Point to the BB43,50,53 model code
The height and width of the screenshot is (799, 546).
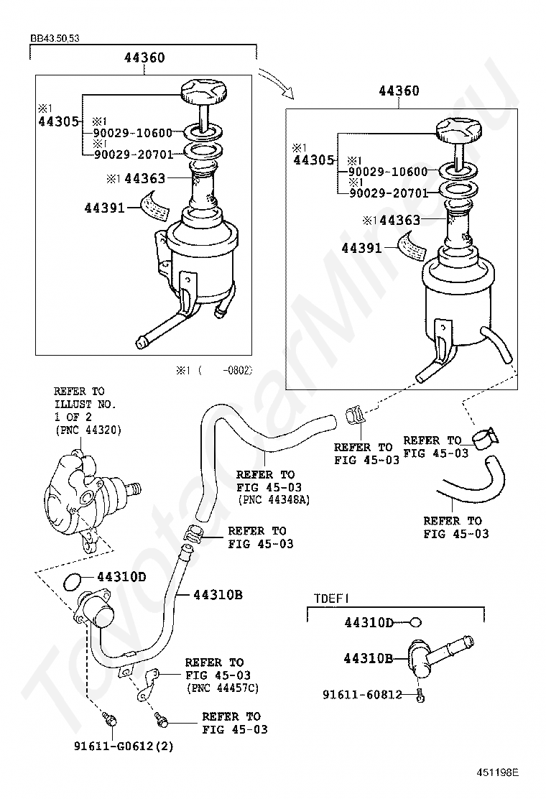(x=55, y=38)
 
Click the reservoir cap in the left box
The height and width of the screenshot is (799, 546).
(x=204, y=93)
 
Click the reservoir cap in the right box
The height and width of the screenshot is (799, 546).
(x=457, y=131)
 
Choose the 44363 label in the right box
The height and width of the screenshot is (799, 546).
(x=399, y=221)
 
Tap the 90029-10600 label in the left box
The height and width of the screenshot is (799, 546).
(x=132, y=133)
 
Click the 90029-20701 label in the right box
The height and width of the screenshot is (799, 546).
(x=388, y=193)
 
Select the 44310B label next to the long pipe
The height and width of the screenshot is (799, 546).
(x=218, y=595)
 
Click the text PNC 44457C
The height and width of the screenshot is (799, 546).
(x=223, y=688)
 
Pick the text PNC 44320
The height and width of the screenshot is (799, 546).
(x=88, y=430)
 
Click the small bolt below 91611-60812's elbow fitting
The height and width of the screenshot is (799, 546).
(x=421, y=696)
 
